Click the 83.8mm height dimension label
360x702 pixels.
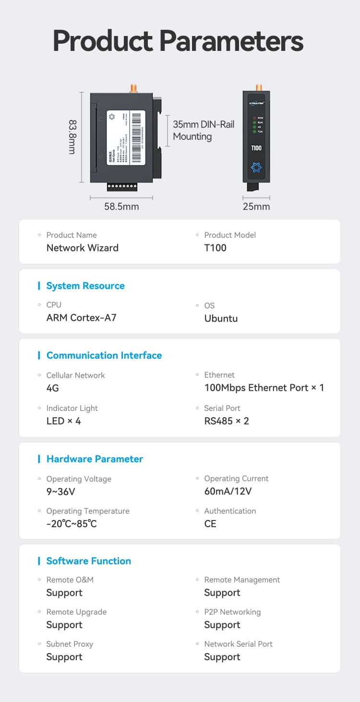[72, 137]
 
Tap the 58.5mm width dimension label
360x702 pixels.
[121, 206]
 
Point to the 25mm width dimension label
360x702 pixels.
[256, 206]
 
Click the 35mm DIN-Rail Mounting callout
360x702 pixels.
[204, 130]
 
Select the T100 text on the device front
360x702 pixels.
[256, 148]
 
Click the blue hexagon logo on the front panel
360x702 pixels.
[256, 168]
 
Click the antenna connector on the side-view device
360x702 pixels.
[133, 88]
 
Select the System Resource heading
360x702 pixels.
[85, 286]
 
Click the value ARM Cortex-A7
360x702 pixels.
[81, 317]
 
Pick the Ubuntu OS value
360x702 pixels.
[221, 318]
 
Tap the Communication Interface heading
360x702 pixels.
[104, 355]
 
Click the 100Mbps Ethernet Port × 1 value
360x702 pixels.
[264, 387]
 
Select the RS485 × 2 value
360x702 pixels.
[227, 421]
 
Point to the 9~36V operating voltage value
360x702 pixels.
[60, 491]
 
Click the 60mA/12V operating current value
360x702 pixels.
[228, 491]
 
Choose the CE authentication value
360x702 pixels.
[210, 523]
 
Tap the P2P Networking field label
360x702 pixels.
[232, 612]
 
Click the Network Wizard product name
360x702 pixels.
[82, 248]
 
